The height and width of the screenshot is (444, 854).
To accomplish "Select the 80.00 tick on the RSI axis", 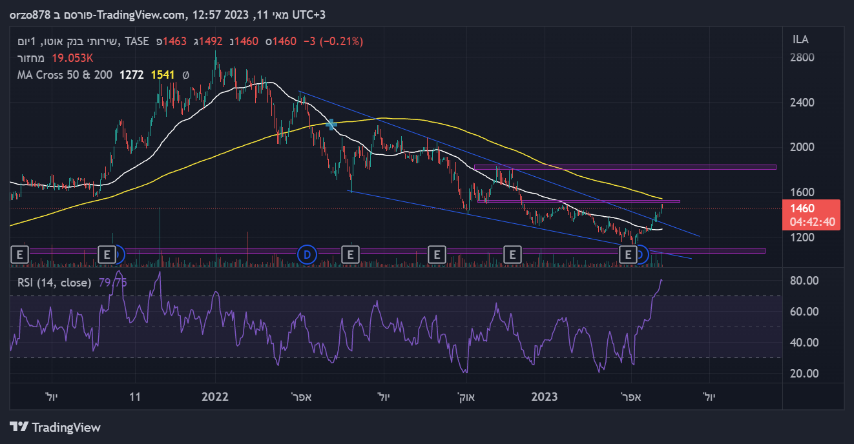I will click(x=804, y=281).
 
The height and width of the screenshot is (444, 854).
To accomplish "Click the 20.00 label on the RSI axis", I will click(x=804, y=374).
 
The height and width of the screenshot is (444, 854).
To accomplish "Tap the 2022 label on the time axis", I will click(x=215, y=397).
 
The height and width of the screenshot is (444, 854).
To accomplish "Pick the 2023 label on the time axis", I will click(x=545, y=397).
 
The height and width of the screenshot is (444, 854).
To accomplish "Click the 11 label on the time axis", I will click(x=135, y=397).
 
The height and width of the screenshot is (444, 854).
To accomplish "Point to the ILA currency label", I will click(x=800, y=39).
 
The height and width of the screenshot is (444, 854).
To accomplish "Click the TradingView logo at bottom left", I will click(x=56, y=427).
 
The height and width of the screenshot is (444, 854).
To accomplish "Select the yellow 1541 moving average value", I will click(x=163, y=75).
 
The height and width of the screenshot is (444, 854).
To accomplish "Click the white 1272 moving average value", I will click(x=132, y=75).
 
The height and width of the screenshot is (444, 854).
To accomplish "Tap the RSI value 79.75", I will click(x=112, y=282).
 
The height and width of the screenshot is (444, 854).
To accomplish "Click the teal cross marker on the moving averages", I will click(x=331, y=124).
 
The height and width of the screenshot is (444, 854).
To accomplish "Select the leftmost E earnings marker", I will click(x=20, y=255).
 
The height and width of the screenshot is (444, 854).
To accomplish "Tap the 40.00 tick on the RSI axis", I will click(x=804, y=343).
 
